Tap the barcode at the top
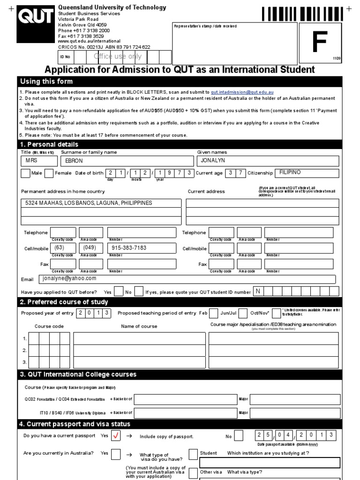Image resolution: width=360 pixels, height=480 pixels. (303, 14)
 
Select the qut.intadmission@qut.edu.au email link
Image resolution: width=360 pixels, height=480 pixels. (242, 92)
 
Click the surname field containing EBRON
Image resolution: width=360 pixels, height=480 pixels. (127, 161)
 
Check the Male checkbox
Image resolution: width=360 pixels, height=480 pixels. (26, 173)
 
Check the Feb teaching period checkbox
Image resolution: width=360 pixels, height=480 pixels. (213, 313)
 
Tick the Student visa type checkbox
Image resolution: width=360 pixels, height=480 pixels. (193, 454)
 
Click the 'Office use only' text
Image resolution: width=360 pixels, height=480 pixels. (118, 57)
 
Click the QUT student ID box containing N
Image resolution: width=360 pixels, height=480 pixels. (257, 292)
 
